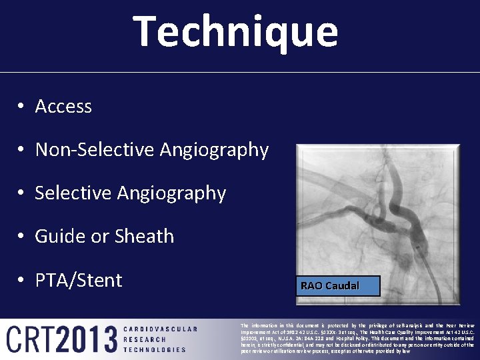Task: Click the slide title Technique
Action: click(236, 31)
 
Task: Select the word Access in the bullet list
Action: click(63, 107)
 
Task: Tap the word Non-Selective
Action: click(95, 150)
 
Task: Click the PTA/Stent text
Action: click(79, 280)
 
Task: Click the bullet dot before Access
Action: click(22, 107)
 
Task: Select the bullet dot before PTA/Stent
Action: click(22, 281)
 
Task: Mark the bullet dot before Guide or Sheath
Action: click(22, 237)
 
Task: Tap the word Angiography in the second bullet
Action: click(213, 150)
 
